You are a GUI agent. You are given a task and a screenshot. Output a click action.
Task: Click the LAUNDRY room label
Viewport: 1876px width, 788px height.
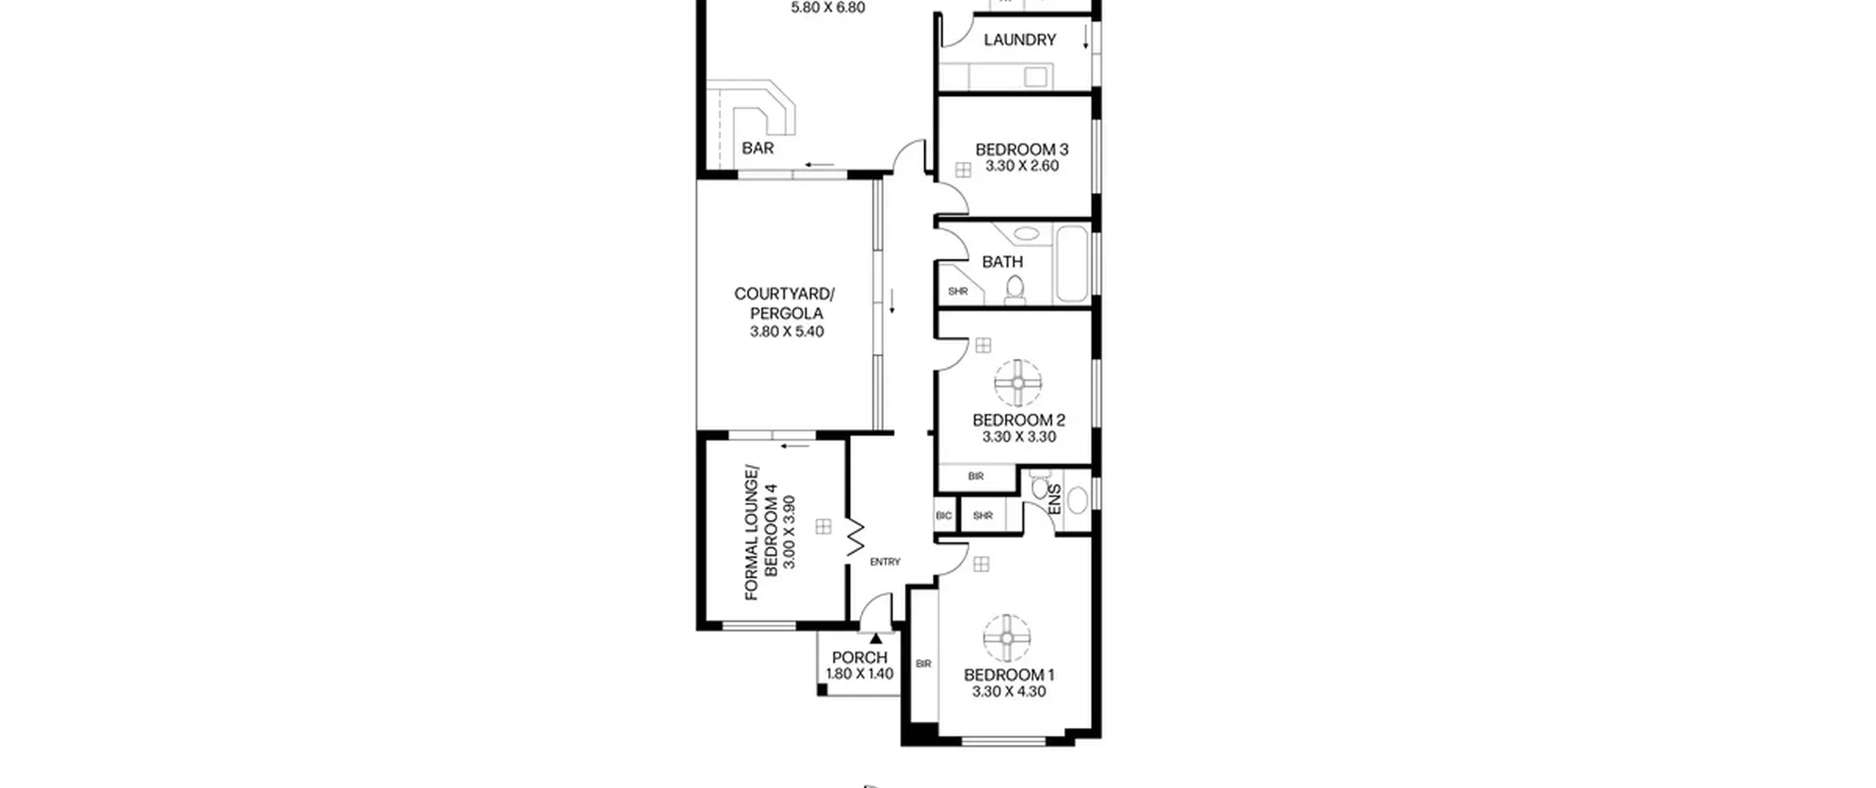point(1019,40)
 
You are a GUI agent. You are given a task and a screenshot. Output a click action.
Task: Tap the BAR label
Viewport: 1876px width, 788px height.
point(758,148)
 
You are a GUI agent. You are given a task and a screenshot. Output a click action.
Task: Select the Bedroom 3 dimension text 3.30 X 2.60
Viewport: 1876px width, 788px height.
point(1022,166)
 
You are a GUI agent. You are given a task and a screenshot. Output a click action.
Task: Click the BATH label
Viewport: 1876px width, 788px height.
point(1002,262)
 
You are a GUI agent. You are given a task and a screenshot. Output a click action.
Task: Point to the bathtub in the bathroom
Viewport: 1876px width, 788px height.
point(1073,264)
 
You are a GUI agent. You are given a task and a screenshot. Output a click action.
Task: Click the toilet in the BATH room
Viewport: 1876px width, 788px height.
point(1015,290)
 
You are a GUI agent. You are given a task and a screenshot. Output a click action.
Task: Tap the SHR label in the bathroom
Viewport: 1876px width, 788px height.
point(958,291)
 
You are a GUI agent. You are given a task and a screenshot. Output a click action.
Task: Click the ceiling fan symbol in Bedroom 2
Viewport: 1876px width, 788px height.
point(1018,383)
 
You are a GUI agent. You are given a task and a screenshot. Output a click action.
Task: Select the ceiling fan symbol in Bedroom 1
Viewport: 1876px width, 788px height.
point(1007,638)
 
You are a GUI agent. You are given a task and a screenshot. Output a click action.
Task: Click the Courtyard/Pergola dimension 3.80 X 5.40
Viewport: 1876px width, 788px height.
point(786,331)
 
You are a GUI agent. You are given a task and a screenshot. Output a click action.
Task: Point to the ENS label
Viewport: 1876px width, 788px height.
point(1055,499)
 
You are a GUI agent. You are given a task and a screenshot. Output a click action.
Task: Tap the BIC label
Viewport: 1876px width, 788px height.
point(944,516)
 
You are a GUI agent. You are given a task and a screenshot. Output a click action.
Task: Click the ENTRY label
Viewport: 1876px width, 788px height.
point(885,562)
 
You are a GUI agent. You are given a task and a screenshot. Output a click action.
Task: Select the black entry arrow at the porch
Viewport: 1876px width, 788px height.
point(876,638)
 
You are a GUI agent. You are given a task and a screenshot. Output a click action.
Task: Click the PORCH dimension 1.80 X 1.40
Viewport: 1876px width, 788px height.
point(860,674)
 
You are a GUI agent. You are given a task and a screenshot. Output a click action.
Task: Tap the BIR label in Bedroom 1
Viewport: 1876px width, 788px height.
point(923,664)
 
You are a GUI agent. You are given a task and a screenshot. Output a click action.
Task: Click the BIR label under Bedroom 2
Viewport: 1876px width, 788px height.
point(975,476)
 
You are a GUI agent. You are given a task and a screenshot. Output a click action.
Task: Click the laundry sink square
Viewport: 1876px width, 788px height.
point(1035,76)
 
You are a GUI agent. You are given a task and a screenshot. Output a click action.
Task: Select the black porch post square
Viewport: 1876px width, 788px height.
point(822,690)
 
